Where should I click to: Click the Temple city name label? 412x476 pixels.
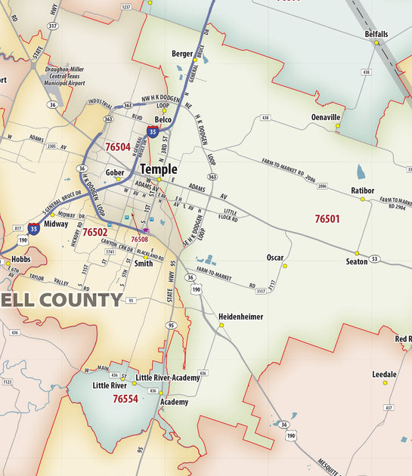159,170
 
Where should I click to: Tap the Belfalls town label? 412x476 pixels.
376,35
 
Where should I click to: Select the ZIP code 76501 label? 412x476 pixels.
327,219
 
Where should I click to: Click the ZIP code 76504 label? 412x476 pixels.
118,147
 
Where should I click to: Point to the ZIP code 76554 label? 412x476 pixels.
125,398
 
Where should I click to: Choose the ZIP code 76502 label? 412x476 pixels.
94,233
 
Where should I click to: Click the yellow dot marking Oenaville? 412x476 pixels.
338,125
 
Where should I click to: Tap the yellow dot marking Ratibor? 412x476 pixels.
362,199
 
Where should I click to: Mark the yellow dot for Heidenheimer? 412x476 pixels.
221,325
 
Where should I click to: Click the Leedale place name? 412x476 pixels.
384,374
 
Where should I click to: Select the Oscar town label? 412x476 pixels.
275,258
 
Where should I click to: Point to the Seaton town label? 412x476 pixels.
357,261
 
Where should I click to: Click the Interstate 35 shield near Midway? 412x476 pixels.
34,228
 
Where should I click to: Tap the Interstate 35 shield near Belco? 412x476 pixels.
153,131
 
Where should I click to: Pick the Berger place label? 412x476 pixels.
182,54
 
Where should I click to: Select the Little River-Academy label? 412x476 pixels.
168,377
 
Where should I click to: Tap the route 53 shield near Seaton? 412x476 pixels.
374,259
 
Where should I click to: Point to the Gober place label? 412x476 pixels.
115,172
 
